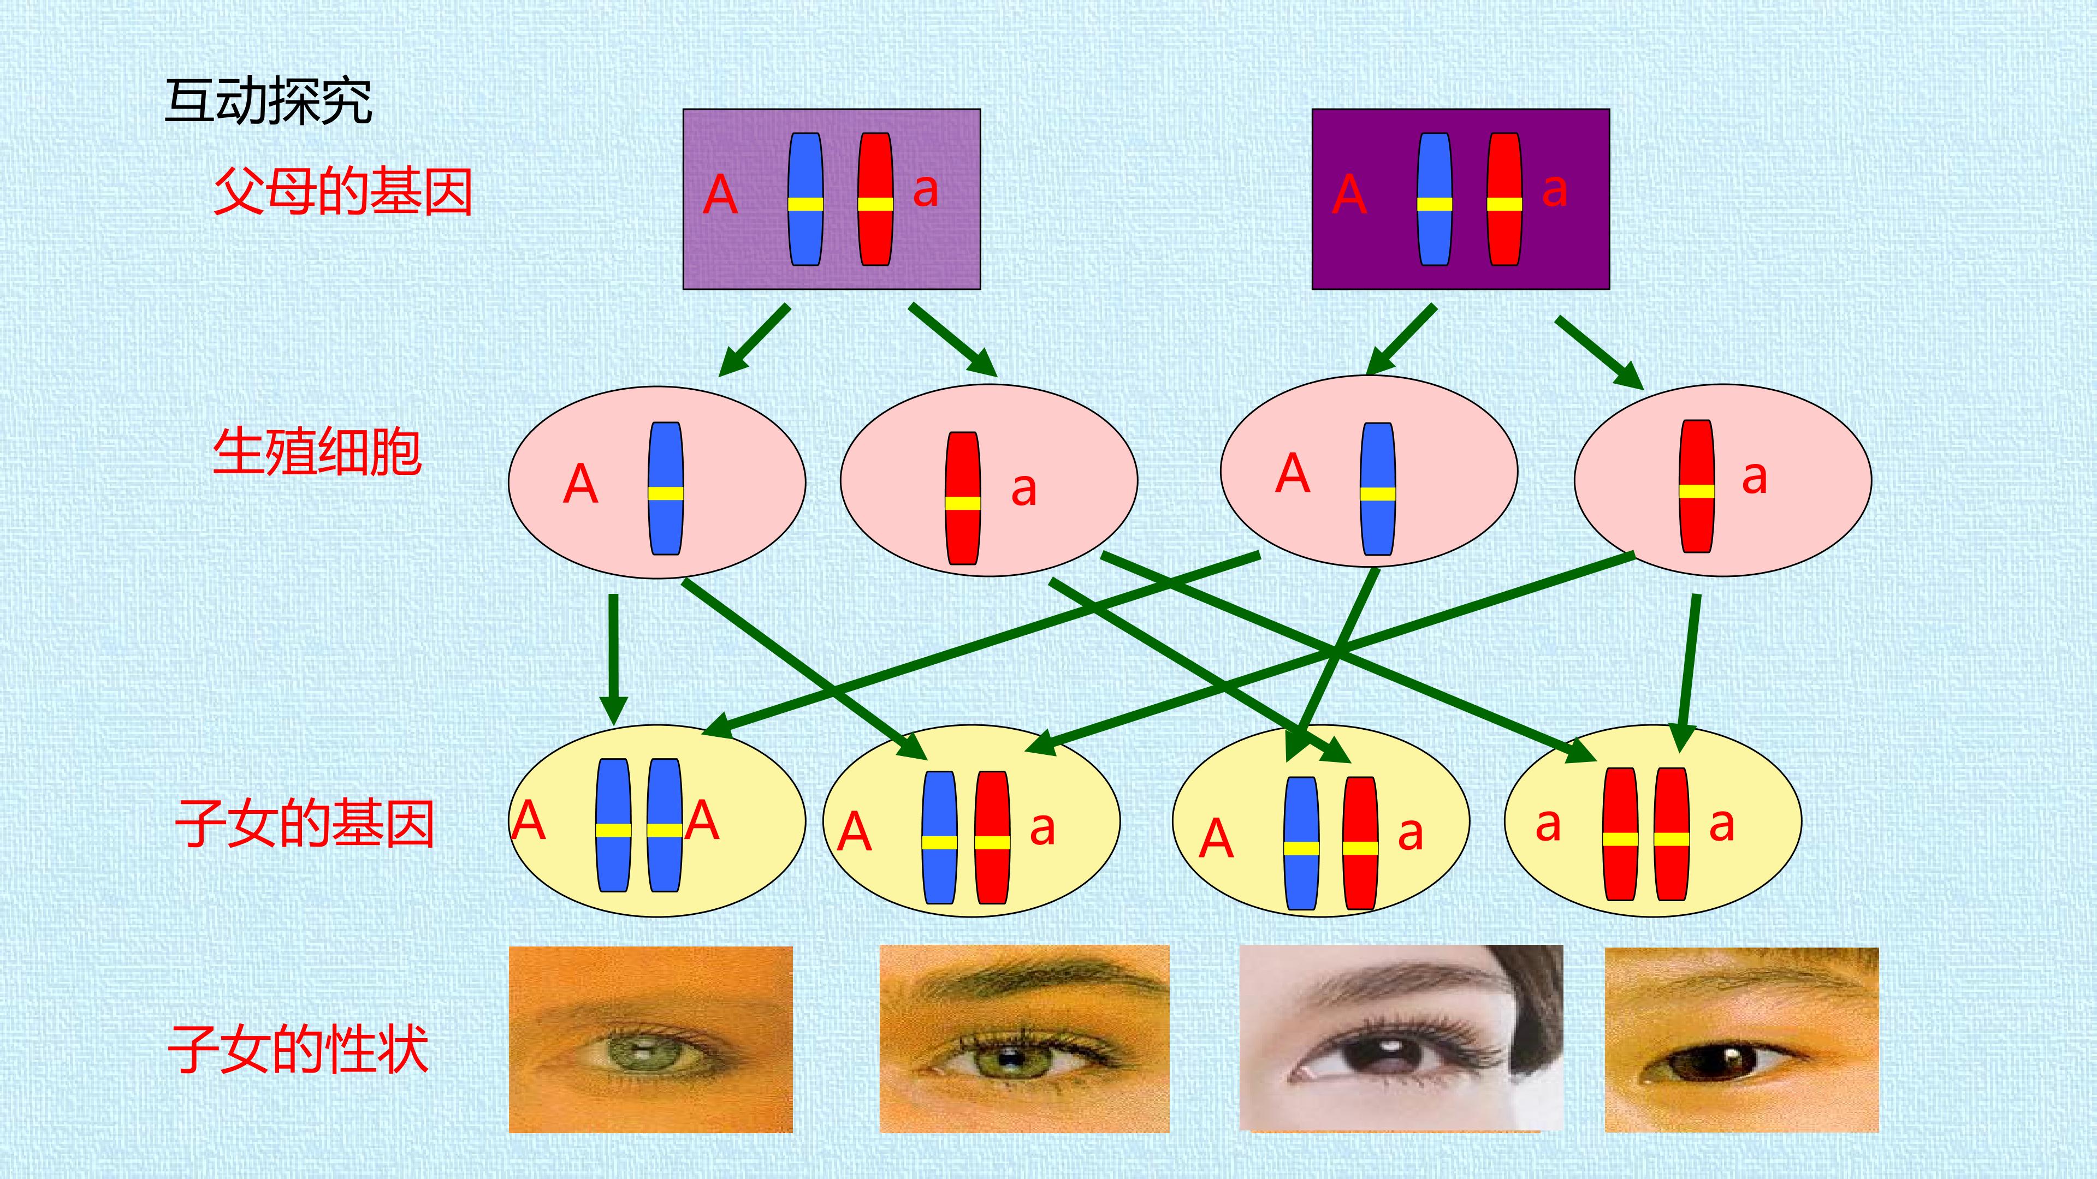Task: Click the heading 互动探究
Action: click(269, 102)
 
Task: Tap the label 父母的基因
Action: click(343, 192)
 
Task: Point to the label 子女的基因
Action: click(305, 824)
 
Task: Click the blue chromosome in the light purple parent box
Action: click(805, 199)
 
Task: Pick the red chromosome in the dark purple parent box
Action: click(1504, 199)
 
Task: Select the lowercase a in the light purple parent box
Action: click(926, 191)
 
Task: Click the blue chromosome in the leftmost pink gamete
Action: click(666, 488)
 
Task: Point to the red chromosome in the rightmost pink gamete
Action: click(1697, 486)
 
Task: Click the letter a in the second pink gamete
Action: click(1023, 490)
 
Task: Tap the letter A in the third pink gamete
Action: click(1293, 474)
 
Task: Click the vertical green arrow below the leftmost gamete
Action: click(613, 659)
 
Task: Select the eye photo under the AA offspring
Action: click(650, 1039)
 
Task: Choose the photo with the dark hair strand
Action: click(1401, 1038)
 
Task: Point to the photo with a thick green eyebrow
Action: click(1024, 1038)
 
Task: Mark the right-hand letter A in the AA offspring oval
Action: click(702, 820)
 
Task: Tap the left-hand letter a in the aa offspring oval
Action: click(1548, 826)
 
